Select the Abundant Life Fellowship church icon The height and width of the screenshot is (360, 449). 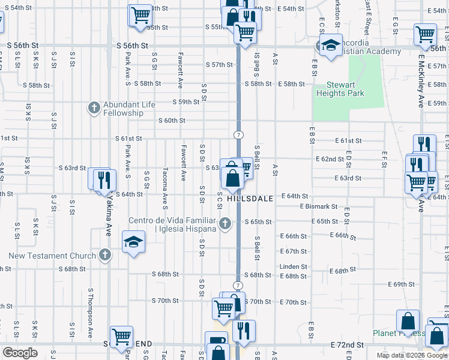pos(94,109)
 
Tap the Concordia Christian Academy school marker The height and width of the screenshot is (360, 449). pos(330,46)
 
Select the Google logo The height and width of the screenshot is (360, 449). pos(20,353)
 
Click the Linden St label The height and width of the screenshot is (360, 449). pos(293,266)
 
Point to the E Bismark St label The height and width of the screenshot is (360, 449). pos(319,206)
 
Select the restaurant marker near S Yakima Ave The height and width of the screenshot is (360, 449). pos(105,179)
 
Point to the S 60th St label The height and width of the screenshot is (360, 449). pos(172,121)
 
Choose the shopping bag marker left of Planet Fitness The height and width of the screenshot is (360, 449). pos(408,321)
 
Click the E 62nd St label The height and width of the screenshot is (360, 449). pos(330,159)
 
